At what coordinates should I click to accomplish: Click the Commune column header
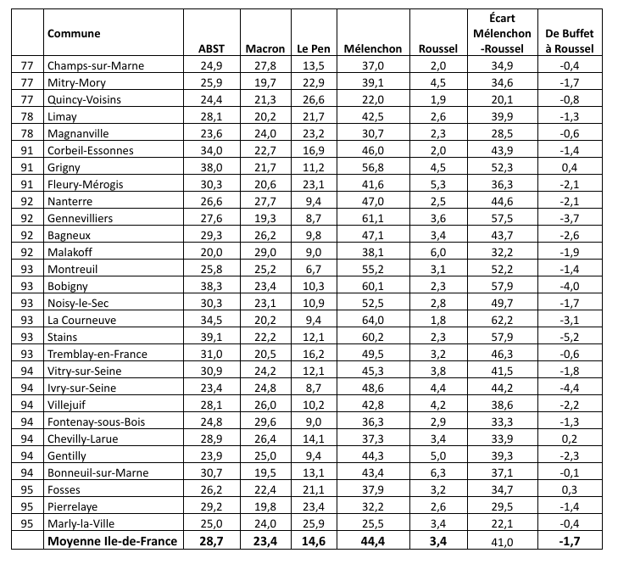(74, 33)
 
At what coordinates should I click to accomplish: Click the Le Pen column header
(312, 49)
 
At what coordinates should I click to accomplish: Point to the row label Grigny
(65, 168)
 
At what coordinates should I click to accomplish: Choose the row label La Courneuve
(82, 321)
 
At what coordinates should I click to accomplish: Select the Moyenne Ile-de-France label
(114, 541)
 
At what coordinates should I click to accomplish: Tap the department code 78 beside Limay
(29, 117)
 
